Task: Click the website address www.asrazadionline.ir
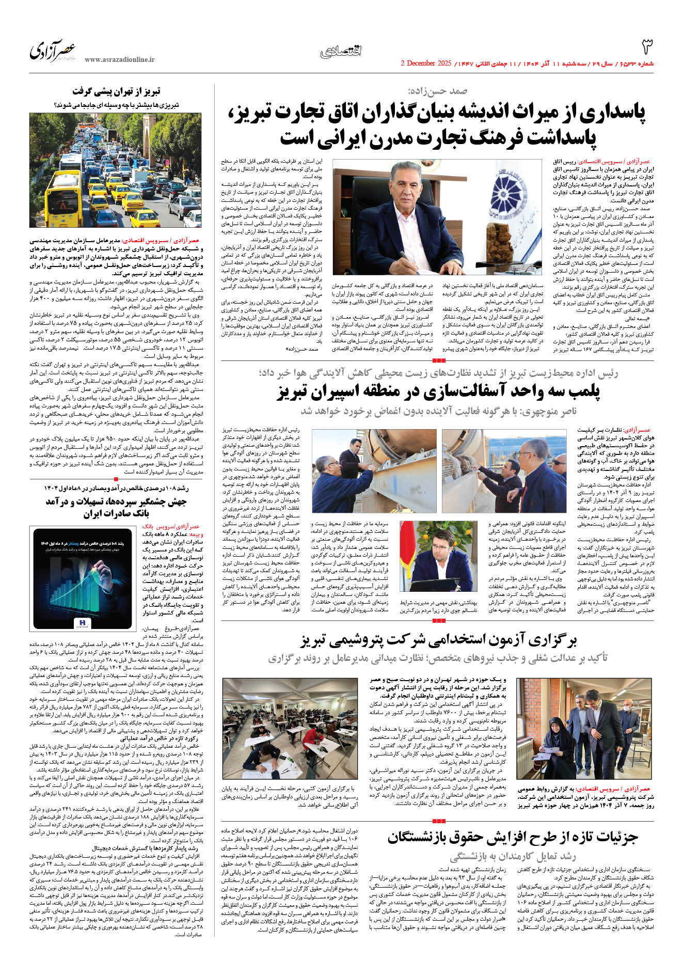click(120, 60)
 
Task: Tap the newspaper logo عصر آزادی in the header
click(53, 51)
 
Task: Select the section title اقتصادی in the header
click(341, 51)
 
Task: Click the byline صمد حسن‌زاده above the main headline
click(437, 91)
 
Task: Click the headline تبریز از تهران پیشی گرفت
click(116, 92)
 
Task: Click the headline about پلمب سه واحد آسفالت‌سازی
click(438, 392)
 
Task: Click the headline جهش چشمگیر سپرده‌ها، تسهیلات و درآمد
click(116, 507)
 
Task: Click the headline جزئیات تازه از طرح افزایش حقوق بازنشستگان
click(513, 837)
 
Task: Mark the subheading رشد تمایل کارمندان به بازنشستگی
click(513, 857)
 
